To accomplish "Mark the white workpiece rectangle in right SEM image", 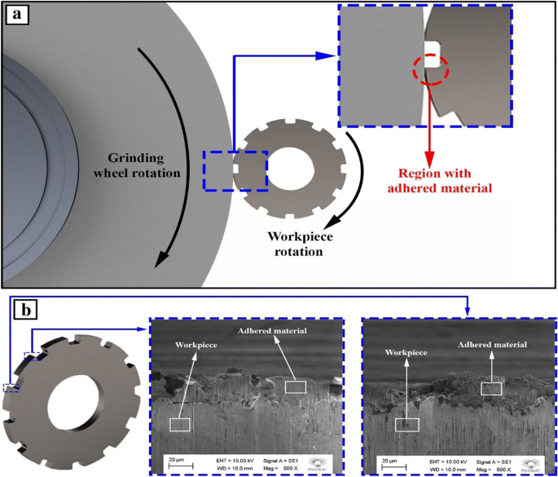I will point(406,424).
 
